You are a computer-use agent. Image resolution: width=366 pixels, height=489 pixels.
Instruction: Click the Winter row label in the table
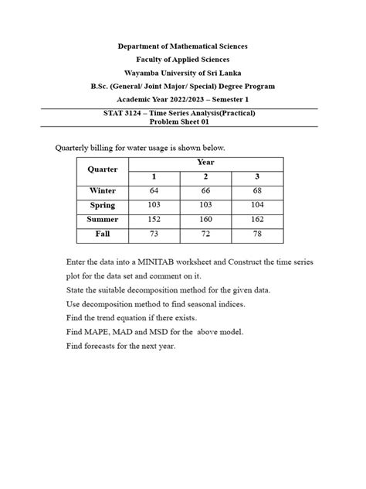tap(102, 190)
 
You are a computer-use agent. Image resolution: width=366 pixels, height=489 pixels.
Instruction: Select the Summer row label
tap(102, 219)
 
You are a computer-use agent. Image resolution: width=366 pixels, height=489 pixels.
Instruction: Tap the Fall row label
tap(102, 233)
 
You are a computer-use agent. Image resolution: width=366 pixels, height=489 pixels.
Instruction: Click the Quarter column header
tap(102, 169)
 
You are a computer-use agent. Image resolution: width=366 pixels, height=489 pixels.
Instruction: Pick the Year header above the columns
tap(205, 162)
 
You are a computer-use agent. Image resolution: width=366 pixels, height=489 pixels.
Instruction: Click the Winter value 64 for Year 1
tap(154, 190)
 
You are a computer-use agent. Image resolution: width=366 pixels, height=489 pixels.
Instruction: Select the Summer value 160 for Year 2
tap(205, 219)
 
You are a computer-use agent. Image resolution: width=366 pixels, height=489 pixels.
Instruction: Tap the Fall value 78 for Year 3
tap(257, 233)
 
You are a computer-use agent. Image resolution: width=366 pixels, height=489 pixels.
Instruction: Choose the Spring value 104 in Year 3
tap(257, 204)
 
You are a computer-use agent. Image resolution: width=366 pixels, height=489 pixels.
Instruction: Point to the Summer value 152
tap(154, 219)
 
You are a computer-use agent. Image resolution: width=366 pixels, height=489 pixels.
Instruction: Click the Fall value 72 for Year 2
tap(205, 233)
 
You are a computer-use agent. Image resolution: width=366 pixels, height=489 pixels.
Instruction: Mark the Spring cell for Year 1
tap(154, 204)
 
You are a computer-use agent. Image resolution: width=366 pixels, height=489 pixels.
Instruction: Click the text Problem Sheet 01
tap(182, 121)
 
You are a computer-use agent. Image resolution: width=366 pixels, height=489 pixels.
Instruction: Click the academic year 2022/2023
tap(188, 100)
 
